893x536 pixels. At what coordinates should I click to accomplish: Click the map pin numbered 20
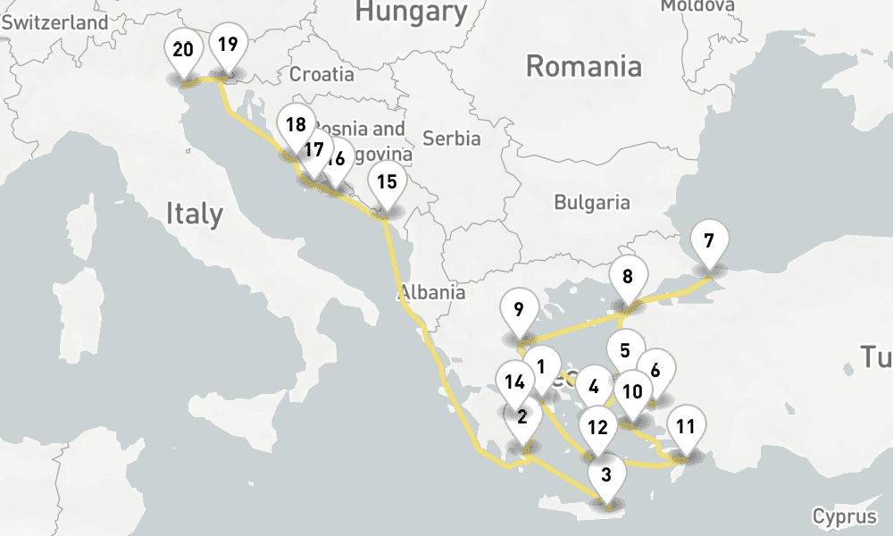point(183,51)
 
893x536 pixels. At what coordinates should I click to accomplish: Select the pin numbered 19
point(228,45)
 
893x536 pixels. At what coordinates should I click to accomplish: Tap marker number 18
point(296,126)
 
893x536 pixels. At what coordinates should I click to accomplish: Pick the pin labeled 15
point(387,183)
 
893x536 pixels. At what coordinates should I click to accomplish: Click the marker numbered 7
point(709,241)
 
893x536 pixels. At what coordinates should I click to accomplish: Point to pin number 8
point(628,277)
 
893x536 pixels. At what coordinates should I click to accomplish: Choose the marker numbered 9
point(519,312)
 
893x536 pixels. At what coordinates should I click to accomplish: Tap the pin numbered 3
point(607,475)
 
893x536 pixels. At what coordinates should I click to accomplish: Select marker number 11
point(686,426)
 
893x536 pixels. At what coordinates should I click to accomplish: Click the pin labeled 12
point(597,428)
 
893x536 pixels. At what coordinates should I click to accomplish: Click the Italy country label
point(194,214)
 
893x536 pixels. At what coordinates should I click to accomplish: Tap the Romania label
point(583,66)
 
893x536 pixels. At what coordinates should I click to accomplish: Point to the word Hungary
point(411,12)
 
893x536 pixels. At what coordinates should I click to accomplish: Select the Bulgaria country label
point(591,203)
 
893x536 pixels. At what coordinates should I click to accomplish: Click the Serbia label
point(451,138)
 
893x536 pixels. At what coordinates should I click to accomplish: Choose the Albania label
point(432,292)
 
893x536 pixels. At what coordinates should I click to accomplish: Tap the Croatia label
point(321,74)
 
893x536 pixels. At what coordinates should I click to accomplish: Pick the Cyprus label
point(844,517)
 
